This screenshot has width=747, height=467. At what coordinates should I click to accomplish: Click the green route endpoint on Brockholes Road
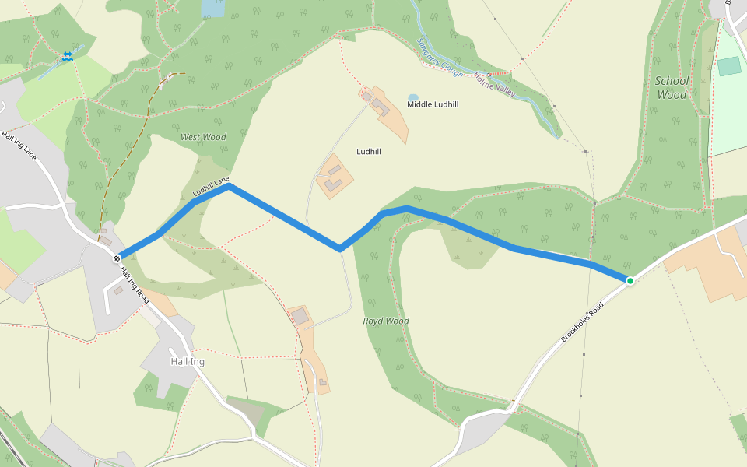point(630,280)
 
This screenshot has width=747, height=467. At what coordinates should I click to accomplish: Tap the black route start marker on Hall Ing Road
point(116,258)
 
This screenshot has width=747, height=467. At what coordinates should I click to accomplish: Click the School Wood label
point(672,87)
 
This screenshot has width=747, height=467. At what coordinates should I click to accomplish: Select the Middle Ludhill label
point(433,104)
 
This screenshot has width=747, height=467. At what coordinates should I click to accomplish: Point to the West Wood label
point(203,137)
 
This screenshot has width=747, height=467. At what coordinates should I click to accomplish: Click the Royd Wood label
point(386,321)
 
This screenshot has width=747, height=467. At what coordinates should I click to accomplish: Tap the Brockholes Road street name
point(582,323)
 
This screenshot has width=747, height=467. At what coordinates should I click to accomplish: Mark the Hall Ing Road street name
point(134,286)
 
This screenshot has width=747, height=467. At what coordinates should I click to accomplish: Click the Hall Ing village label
point(187,362)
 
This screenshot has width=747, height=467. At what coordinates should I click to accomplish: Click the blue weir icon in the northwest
point(68,56)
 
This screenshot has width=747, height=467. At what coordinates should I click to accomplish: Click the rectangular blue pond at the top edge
point(212,8)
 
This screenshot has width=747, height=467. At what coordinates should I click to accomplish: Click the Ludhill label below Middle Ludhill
point(368,151)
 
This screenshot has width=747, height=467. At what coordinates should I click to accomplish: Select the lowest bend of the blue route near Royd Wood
point(339,249)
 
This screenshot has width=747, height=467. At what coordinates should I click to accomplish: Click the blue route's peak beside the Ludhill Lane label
point(228,185)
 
